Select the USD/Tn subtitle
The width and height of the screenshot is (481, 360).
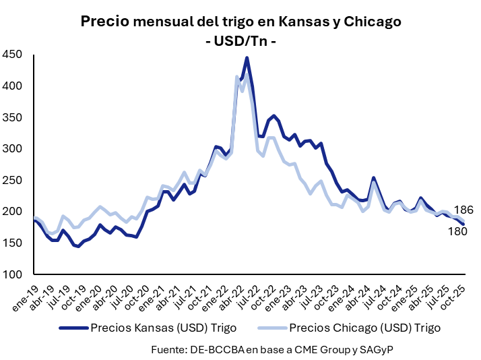pos(241,41)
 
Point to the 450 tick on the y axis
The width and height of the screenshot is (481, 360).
pos(13,55)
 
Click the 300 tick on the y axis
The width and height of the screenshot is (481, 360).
pos(13,149)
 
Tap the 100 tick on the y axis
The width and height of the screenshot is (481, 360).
pos(13,274)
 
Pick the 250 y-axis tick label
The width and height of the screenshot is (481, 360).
pos(13,181)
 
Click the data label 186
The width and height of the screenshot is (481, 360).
pos(463,210)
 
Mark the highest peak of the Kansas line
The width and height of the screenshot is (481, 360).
pos(247,58)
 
